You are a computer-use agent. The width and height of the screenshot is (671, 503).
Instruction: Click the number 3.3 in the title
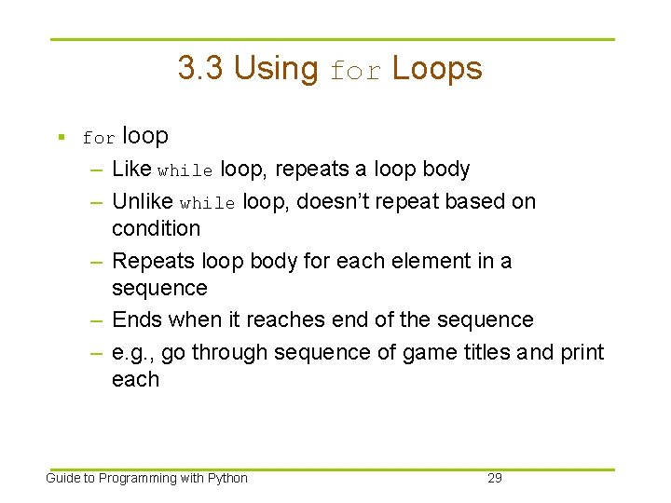201,68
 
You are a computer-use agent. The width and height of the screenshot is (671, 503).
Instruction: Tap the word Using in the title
276,68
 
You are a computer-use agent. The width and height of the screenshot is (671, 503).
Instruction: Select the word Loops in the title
437,68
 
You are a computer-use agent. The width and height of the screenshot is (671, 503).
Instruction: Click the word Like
131,170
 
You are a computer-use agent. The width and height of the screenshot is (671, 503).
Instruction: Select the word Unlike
143,201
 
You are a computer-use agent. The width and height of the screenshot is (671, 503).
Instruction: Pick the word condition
156,228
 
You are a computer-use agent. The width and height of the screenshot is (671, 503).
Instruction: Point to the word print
580,353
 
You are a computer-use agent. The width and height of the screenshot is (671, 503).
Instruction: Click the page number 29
495,478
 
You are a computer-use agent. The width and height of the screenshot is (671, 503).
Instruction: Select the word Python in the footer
227,478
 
